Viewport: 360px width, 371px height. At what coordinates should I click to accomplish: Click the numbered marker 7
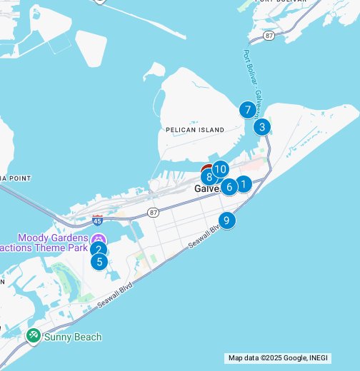pyautogui.click(x=247, y=110)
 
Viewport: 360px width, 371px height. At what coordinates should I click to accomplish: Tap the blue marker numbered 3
pyautogui.click(x=262, y=127)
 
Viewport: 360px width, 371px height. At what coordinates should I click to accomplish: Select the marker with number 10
pyautogui.click(x=220, y=169)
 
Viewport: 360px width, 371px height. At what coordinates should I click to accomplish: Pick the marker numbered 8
pyautogui.click(x=208, y=176)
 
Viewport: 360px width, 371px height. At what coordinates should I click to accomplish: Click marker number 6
pyautogui.click(x=229, y=187)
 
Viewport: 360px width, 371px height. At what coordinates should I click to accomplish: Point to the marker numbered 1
pyautogui.click(x=244, y=184)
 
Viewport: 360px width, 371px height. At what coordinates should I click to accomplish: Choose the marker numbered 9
pyautogui.click(x=226, y=220)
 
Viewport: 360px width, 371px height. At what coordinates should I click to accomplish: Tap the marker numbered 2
pyautogui.click(x=99, y=249)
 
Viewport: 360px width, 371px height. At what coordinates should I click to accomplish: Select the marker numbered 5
pyautogui.click(x=99, y=261)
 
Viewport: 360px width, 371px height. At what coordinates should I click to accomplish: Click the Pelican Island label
pyautogui.click(x=194, y=130)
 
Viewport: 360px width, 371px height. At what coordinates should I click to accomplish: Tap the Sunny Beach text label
pyautogui.click(x=73, y=337)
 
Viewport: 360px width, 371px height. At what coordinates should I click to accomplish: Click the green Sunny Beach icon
pyautogui.click(x=33, y=335)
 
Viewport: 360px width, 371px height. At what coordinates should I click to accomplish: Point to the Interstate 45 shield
pyautogui.click(x=98, y=220)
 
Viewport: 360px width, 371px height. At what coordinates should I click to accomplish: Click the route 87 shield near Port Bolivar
pyautogui.click(x=269, y=35)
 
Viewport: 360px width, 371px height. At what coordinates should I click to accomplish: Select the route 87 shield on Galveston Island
pyautogui.click(x=154, y=212)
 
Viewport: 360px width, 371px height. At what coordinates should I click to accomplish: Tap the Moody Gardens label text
pyautogui.click(x=53, y=238)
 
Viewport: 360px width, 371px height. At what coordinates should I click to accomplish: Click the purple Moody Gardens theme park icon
pyautogui.click(x=99, y=238)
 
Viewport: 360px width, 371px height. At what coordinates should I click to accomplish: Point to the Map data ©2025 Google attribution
pyautogui.click(x=292, y=358)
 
